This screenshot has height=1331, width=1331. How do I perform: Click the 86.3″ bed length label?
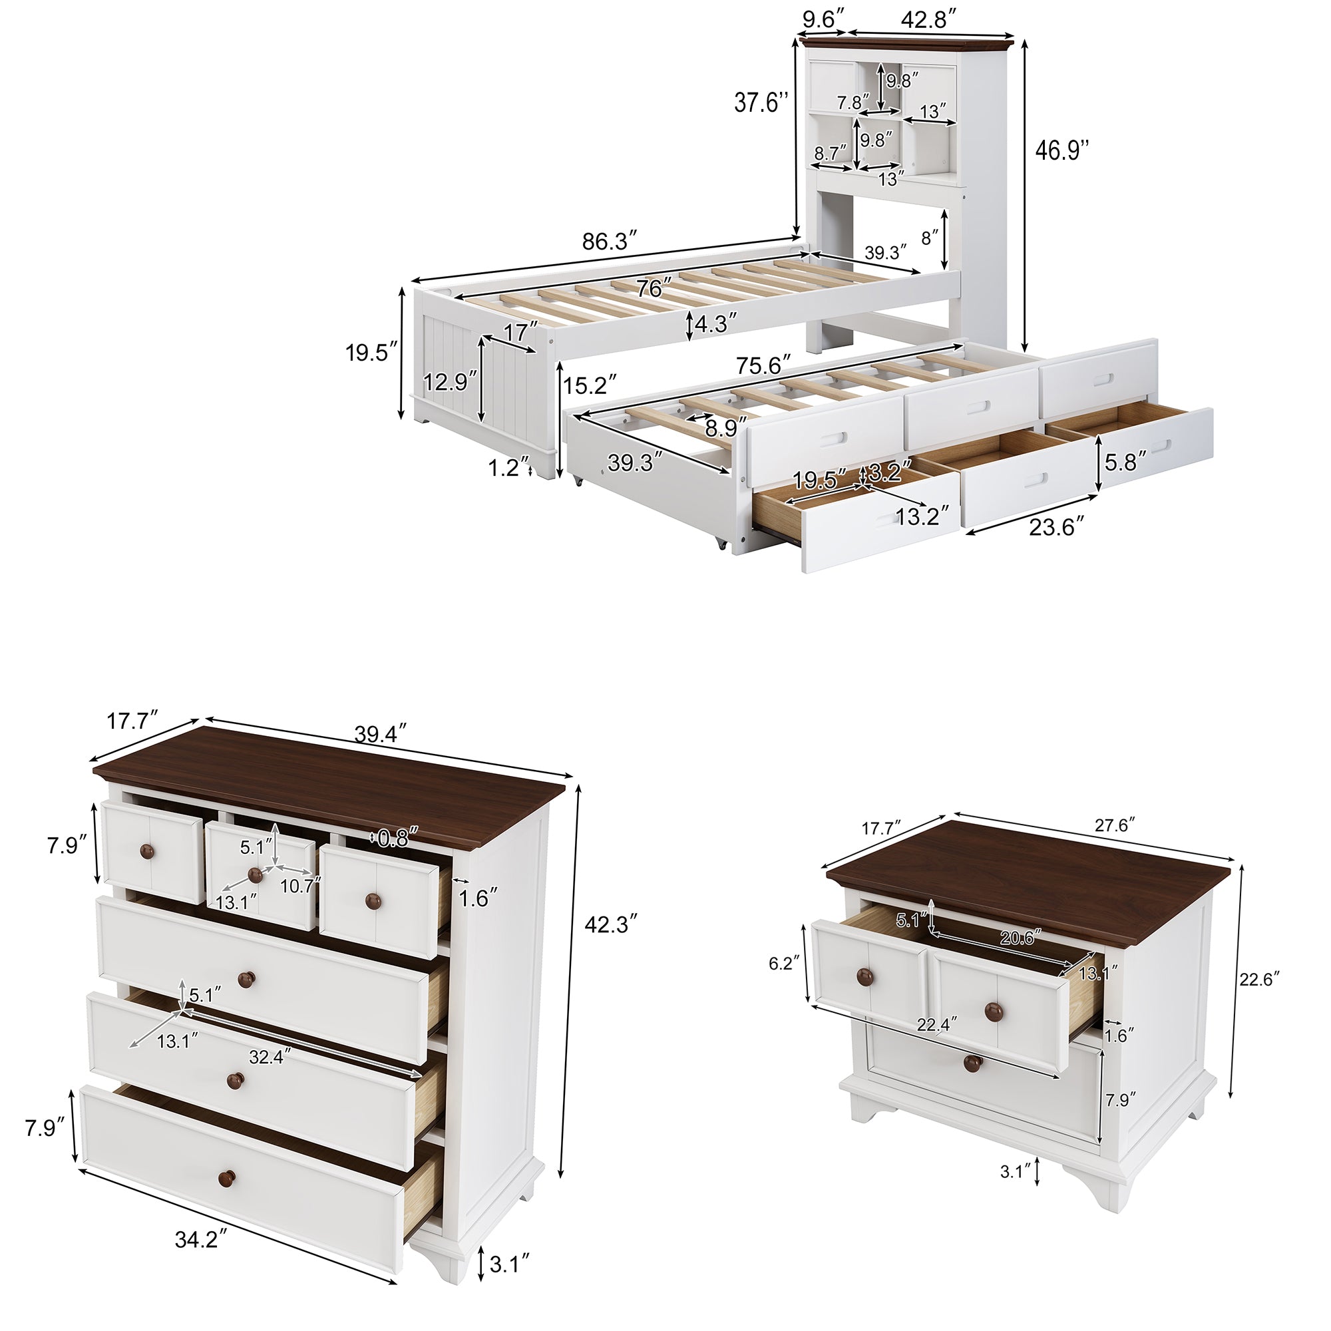[606, 241]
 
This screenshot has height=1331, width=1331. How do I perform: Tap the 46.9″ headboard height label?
[1062, 150]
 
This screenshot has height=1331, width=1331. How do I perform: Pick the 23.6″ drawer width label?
[1052, 527]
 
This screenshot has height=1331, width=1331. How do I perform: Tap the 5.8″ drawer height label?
[1126, 461]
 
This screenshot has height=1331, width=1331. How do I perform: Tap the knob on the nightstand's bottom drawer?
[972, 1082]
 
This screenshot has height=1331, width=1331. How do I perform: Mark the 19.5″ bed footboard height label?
[372, 353]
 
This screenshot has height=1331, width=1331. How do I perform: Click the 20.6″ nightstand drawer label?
[1019, 938]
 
